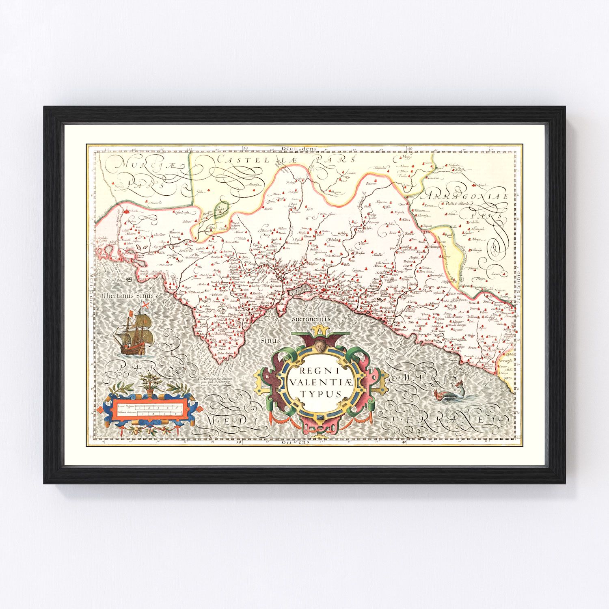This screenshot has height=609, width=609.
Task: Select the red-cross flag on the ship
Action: coord(144,305)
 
